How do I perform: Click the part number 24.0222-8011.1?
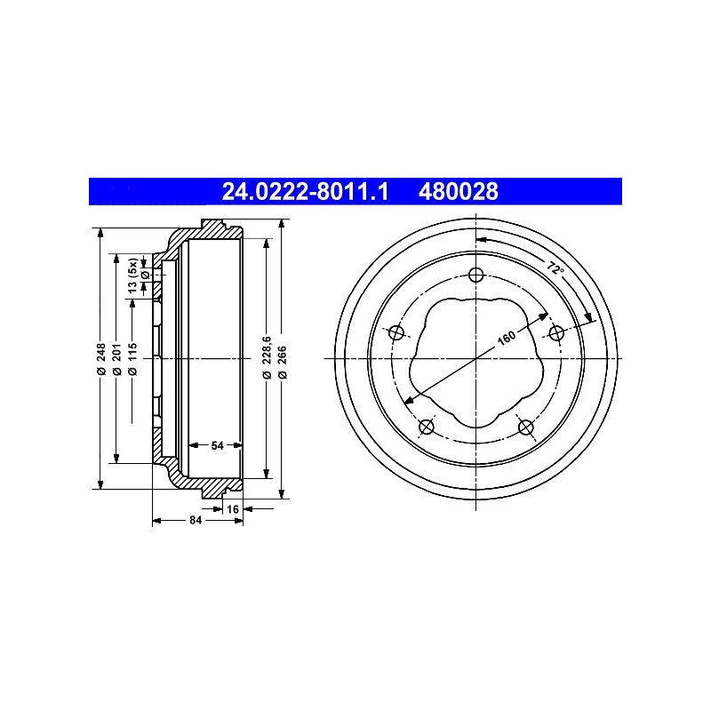(305, 191)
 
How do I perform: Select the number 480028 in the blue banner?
(458, 191)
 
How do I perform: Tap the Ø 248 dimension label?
(101, 359)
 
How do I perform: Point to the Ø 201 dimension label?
(117, 359)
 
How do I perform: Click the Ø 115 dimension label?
(132, 359)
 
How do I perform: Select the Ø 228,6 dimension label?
(267, 357)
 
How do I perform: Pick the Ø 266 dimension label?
(282, 363)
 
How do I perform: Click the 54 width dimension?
(217, 445)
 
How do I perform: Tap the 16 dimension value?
(233, 509)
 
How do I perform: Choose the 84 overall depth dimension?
(196, 520)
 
